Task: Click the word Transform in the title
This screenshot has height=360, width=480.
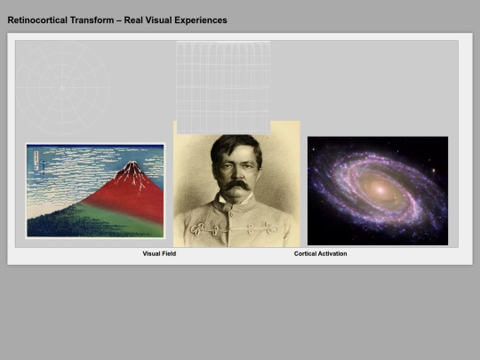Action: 92,20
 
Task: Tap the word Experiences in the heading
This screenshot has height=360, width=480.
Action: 202,20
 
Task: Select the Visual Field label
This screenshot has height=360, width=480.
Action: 159,253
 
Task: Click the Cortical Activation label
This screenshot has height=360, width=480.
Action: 321,253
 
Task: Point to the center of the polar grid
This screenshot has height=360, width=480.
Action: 62,87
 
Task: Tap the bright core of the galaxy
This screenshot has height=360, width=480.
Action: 380,189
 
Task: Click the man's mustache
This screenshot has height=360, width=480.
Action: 236,185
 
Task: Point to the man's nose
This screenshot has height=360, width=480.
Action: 236,173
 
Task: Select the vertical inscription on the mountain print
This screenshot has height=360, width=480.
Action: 36,160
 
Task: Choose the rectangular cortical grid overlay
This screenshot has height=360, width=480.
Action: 223,88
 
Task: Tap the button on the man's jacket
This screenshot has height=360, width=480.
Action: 232,212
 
